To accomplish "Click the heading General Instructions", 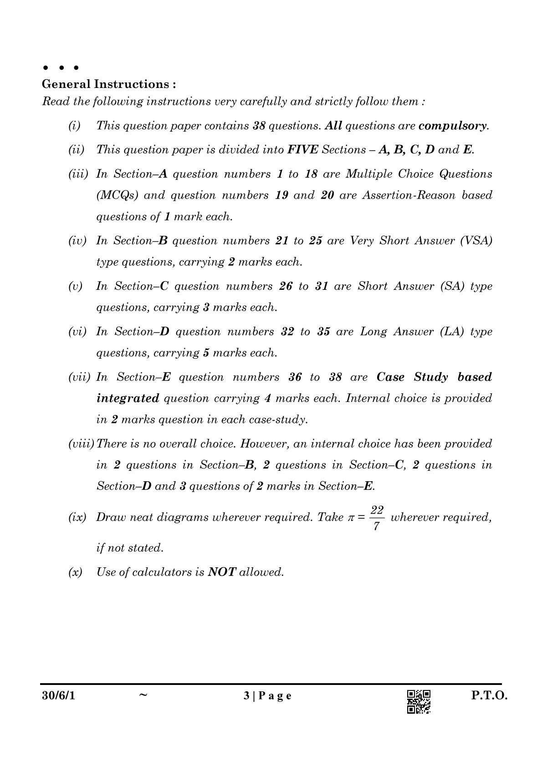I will coord(109,84).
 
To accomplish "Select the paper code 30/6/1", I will coord(57,696).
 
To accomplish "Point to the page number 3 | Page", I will coord(267,696).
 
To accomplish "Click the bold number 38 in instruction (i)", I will coord(259,126).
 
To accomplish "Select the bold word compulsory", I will coord(453,126).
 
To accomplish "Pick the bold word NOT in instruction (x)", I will coord(221,572).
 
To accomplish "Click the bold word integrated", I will coord(128,398).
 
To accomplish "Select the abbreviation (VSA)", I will coord(476,241).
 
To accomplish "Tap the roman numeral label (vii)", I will coord(81,377).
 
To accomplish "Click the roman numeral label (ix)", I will coord(77,518).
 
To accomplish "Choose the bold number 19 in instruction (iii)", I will coord(282,196).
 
